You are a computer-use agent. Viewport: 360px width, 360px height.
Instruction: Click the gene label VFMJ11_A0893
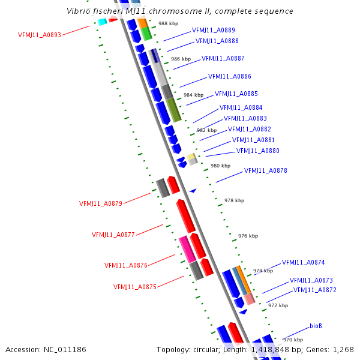[x=40, y=35]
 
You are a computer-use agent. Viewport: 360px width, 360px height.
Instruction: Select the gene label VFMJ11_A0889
[x=213, y=30]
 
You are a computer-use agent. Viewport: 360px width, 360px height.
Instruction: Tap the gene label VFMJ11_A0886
[x=229, y=77]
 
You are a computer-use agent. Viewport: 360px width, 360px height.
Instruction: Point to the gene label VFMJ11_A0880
[x=257, y=151]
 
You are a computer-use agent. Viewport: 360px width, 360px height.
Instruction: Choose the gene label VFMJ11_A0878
[x=265, y=171]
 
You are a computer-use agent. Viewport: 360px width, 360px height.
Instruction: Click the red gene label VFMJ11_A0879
[x=100, y=203]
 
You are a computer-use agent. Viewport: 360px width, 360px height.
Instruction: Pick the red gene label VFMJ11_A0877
[x=113, y=235]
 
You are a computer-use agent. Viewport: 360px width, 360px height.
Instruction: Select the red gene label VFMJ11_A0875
[x=134, y=287]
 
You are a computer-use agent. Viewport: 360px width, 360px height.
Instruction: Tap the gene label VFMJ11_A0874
[x=303, y=262]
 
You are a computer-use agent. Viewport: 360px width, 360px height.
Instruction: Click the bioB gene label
[x=316, y=326]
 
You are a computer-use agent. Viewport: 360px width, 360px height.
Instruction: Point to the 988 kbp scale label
[x=168, y=23]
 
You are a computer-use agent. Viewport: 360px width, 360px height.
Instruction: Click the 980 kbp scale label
[x=220, y=166]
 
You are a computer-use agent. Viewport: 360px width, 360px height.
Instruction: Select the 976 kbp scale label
[x=248, y=236]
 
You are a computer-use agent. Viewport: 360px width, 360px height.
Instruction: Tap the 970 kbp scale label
[x=293, y=340]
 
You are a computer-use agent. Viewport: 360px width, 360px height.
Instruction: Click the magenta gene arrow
[x=186, y=248]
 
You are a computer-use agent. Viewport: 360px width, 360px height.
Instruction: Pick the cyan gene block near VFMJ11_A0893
[x=102, y=22]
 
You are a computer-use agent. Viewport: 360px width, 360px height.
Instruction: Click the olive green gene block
[x=173, y=109]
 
